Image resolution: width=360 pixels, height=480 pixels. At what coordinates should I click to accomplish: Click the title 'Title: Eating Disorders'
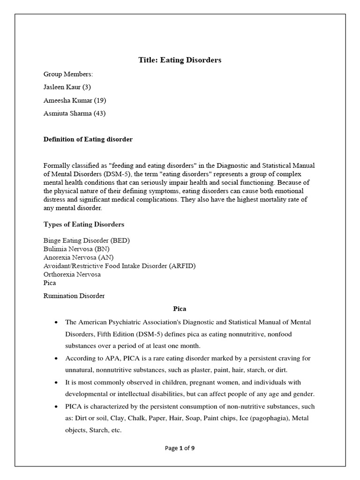[180, 60]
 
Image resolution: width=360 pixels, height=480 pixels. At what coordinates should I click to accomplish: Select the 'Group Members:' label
[68, 74]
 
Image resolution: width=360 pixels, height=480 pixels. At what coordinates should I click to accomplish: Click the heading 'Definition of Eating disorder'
[88, 139]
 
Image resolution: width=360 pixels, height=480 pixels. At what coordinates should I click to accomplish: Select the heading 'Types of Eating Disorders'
[84, 225]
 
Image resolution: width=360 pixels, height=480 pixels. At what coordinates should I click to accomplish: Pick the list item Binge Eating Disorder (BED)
[86, 240]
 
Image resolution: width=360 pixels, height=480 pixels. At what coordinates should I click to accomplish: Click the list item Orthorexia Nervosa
[72, 274]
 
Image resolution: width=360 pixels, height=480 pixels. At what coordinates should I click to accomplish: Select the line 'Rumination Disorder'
[74, 296]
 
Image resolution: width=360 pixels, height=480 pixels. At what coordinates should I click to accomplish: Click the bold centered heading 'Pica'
[180, 309]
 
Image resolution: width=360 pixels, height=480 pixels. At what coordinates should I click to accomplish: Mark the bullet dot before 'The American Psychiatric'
[56, 322]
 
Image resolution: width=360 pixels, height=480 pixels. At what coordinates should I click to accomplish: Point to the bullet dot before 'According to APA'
[56, 359]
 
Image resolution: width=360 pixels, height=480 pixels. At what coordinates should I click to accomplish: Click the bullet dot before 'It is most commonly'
[56, 382]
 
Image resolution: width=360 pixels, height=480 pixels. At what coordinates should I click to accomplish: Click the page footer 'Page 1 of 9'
[180, 448]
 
